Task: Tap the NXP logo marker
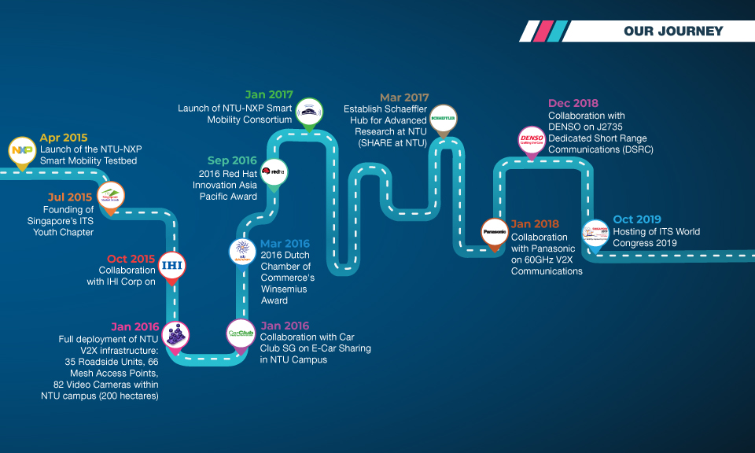click(20, 150)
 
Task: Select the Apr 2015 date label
click(64, 138)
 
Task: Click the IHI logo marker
click(171, 265)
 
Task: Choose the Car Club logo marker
click(240, 333)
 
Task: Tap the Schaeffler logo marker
click(444, 118)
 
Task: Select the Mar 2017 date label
click(403, 98)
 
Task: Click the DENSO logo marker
click(531, 140)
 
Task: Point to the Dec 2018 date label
click(573, 103)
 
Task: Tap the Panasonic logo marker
click(495, 232)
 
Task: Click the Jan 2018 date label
click(535, 224)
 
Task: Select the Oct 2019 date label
click(637, 219)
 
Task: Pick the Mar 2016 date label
click(285, 244)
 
